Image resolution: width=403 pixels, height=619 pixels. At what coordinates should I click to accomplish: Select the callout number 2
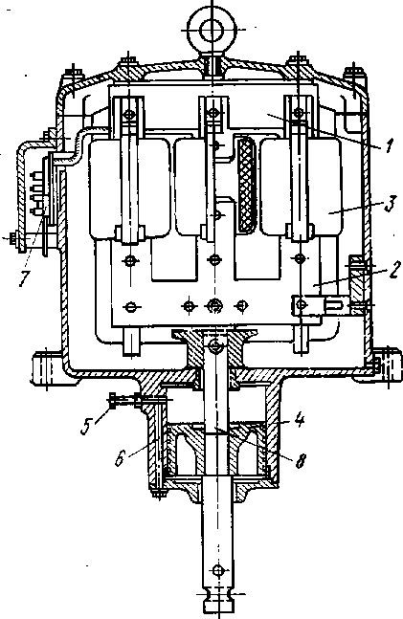click(394, 270)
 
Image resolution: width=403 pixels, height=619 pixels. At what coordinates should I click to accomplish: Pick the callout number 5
click(86, 427)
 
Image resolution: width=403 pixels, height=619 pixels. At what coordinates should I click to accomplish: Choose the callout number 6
click(121, 458)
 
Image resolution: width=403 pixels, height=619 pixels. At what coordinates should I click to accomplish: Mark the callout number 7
click(24, 278)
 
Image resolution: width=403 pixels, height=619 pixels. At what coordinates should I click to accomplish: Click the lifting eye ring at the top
click(213, 30)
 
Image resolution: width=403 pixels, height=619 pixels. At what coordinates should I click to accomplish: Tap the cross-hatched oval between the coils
click(247, 184)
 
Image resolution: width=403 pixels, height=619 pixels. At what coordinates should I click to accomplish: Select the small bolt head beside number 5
click(112, 400)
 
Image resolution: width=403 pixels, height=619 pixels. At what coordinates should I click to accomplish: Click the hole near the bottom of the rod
click(217, 570)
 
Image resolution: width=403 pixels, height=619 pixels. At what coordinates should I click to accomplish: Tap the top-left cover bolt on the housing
click(74, 77)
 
